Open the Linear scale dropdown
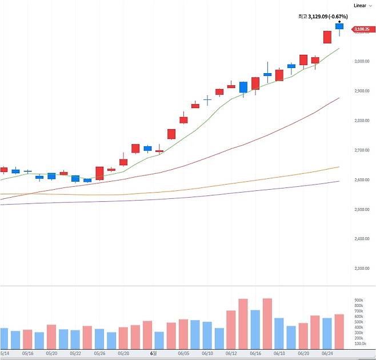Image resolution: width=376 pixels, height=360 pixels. point(362,5)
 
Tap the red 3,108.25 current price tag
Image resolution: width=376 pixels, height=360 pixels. point(361,28)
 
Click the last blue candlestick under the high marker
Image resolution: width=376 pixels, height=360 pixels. point(339,26)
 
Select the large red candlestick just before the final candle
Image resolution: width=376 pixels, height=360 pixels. point(327,37)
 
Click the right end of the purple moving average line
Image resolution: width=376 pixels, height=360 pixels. point(338,181)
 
